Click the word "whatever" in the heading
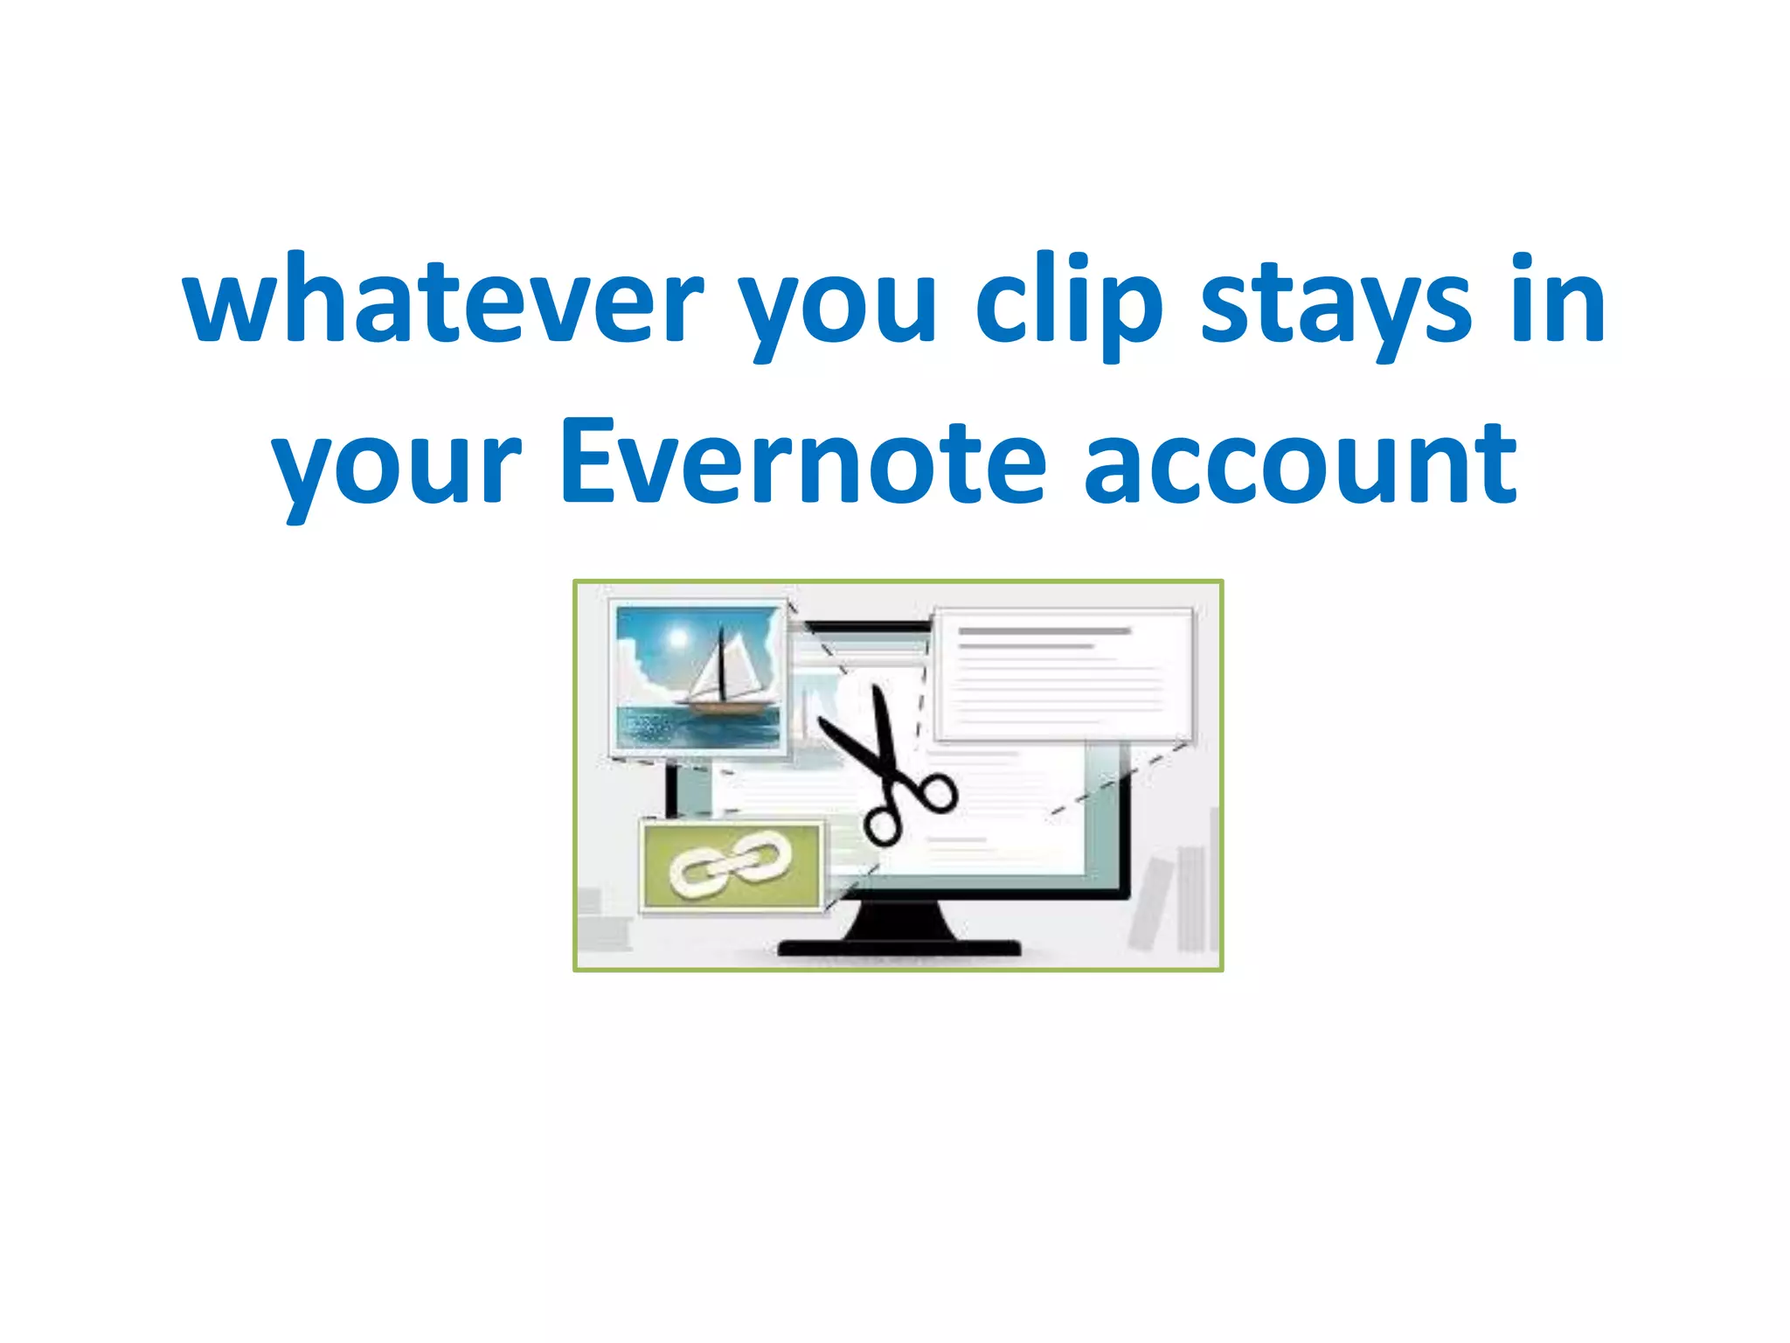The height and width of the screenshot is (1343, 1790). click(441, 302)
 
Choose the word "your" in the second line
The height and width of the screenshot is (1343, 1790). click(398, 468)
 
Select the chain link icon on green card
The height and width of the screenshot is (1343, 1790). click(731, 864)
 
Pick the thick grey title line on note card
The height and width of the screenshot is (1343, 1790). click(1044, 630)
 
